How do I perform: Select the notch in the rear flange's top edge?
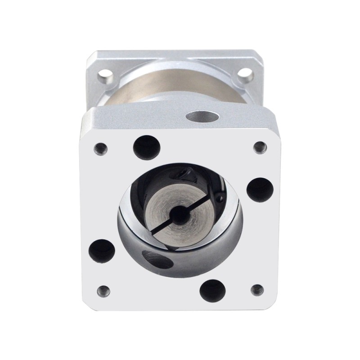180,57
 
